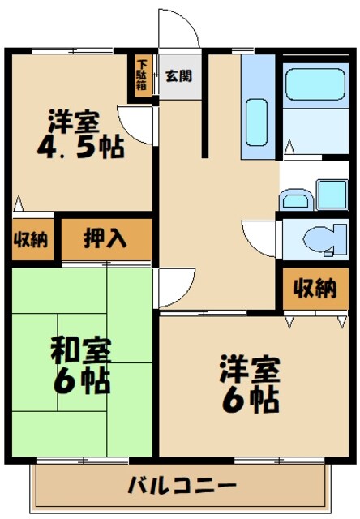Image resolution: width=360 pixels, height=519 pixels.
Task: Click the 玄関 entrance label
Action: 178,77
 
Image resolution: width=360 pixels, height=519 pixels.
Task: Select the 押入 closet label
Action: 106,239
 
